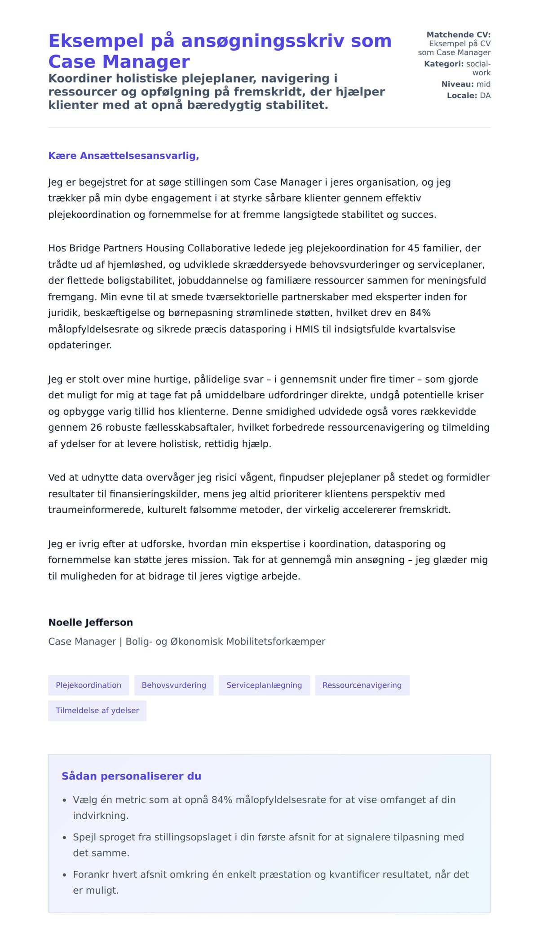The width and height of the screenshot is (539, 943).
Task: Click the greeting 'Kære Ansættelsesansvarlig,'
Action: (124, 156)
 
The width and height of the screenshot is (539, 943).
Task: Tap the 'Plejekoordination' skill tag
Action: (88, 685)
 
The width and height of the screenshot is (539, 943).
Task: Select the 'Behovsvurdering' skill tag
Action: (174, 685)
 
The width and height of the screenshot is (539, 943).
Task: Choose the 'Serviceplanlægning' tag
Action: (264, 685)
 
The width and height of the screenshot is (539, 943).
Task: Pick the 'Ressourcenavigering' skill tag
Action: (362, 685)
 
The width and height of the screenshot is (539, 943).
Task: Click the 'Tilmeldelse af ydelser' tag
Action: (97, 710)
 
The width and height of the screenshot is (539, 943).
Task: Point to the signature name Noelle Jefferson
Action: (91, 622)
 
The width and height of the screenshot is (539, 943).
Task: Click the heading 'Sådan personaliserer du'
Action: (131, 776)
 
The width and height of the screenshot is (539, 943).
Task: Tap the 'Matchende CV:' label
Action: (458, 35)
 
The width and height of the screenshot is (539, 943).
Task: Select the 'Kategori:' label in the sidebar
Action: (444, 64)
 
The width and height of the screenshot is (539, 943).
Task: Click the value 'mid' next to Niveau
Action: (483, 84)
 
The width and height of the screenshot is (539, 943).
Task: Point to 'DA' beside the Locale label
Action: (485, 96)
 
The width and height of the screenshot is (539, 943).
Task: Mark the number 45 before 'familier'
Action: (414, 248)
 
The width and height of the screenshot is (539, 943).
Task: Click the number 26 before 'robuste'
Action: (96, 427)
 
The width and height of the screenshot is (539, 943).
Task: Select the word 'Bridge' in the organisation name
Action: (85, 248)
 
